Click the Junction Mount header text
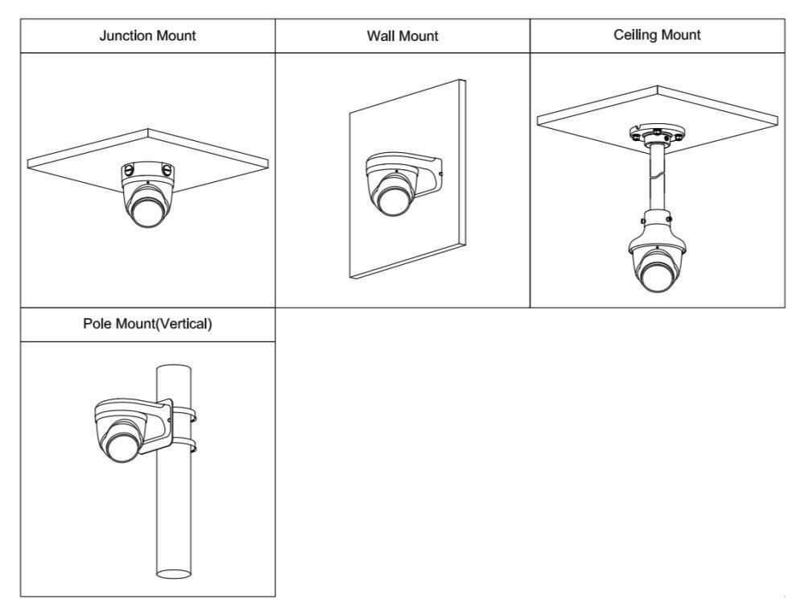click(x=147, y=36)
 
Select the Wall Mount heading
click(x=402, y=36)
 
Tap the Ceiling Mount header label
click(x=656, y=35)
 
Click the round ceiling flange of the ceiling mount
click(x=657, y=134)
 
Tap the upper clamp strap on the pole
click(x=184, y=416)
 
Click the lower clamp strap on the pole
click(x=184, y=445)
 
